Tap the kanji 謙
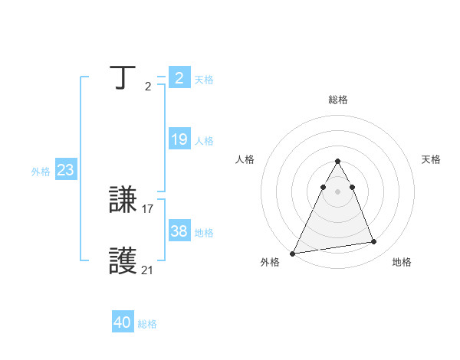(x=123, y=201)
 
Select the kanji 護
(x=123, y=262)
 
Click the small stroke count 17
(x=148, y=208)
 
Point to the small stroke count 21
(x=148, y=270)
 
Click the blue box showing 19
(x=179, y=140)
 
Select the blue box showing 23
(x=65, y=170)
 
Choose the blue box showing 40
(x=123, y=323)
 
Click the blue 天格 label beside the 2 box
(x=204, y=80)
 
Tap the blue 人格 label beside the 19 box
(x=204, y=141)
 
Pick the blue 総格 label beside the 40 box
(x=147, y=324)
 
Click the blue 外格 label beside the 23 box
(x=41, y=172)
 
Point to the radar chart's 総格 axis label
(x=337, y=100)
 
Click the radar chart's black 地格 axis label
(x=402, y=262)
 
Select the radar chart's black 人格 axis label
(x=245, y=159)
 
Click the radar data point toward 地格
(x=374, y=242)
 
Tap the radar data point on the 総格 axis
(x=337, y=161)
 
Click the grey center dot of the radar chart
(x=337, y=191)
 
